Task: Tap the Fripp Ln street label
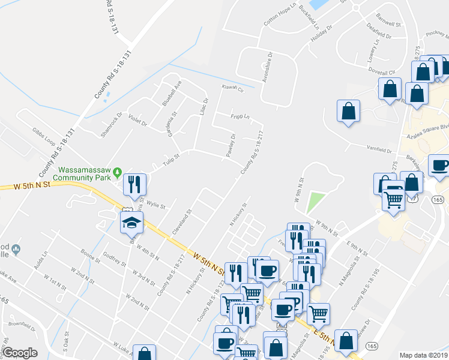click(241, 116)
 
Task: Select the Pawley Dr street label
click(230, 146)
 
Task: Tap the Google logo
click(20, 353)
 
